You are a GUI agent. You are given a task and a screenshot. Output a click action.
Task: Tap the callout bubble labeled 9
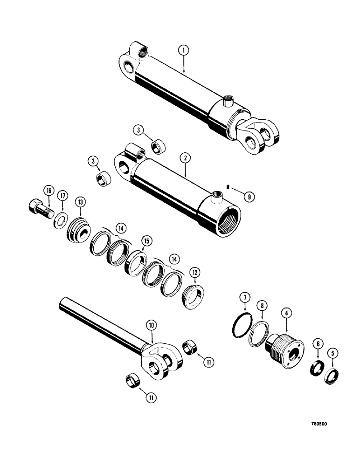click(250, 197)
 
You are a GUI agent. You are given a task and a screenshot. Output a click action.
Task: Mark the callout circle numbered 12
click(195, 271)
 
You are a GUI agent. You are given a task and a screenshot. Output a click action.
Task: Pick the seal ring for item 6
click(316, 367)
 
